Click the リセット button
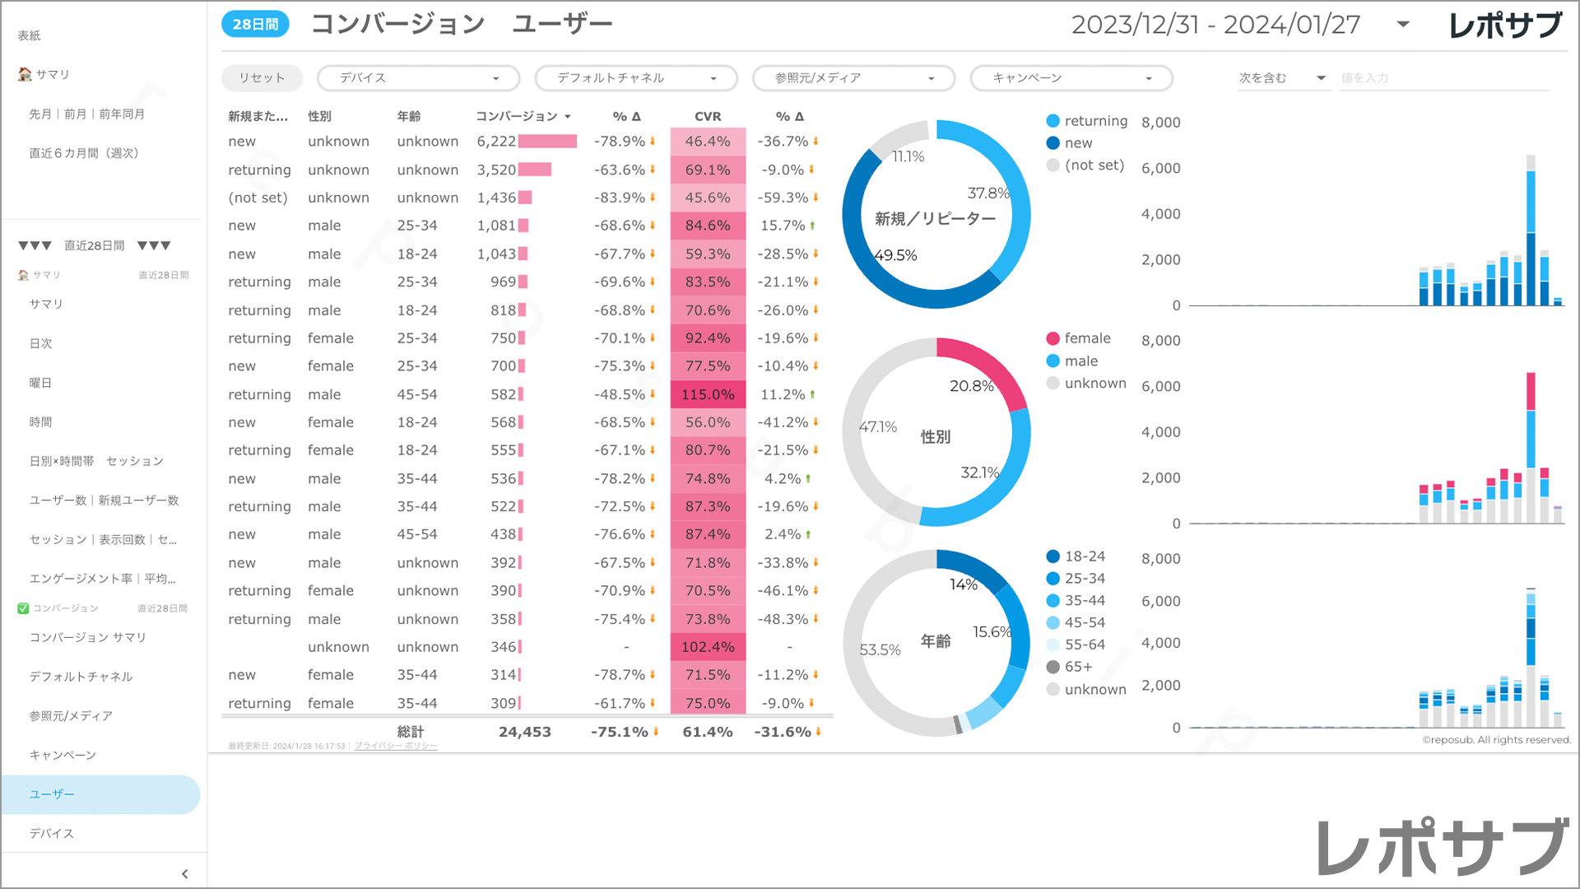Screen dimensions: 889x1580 tap(262, 78)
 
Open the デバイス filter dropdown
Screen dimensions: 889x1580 tap(418, 78)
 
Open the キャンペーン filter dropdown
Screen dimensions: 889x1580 tap(1071, 78)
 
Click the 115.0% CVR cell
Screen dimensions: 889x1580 tap(708, 394)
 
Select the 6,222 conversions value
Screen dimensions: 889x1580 tap(496, 142)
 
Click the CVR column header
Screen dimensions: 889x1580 tap(708, 116)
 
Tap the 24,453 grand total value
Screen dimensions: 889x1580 tap(524, 732)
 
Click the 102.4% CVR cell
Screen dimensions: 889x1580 tap(708, 647)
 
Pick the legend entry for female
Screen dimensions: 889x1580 tap(1086, 338)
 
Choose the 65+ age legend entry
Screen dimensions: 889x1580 tap(1078, 667)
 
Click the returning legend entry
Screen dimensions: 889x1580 tap(1094, 121)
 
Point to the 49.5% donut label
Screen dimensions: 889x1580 tap(895, 255)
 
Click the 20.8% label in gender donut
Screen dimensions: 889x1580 tap(971, 386)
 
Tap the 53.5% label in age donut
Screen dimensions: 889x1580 tap(880, 649)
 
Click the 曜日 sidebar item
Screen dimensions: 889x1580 tap(41, 383)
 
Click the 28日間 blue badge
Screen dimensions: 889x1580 tap(255, 25)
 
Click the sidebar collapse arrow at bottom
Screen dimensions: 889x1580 tap(184, 873)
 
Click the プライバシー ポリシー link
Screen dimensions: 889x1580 tap(396, 746)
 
